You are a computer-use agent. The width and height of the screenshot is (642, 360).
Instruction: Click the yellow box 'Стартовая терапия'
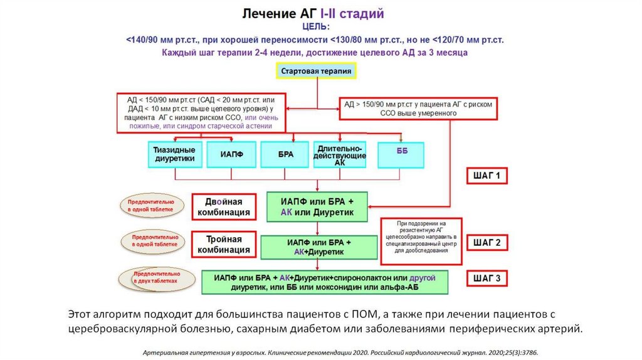tap(316, 71)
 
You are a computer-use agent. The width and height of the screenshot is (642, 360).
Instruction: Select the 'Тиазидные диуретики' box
tap(177, 154)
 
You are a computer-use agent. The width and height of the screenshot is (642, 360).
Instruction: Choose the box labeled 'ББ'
tap(401, 154)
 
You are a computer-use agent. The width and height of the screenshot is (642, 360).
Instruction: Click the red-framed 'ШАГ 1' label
tap(486, 176)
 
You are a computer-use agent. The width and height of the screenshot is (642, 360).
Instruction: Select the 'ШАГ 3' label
tap(486, 278)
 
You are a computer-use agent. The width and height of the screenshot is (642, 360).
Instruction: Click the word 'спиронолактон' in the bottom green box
tap(362, 277)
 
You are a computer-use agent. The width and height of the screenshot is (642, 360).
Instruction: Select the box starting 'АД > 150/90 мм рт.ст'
tap(419, 109)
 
